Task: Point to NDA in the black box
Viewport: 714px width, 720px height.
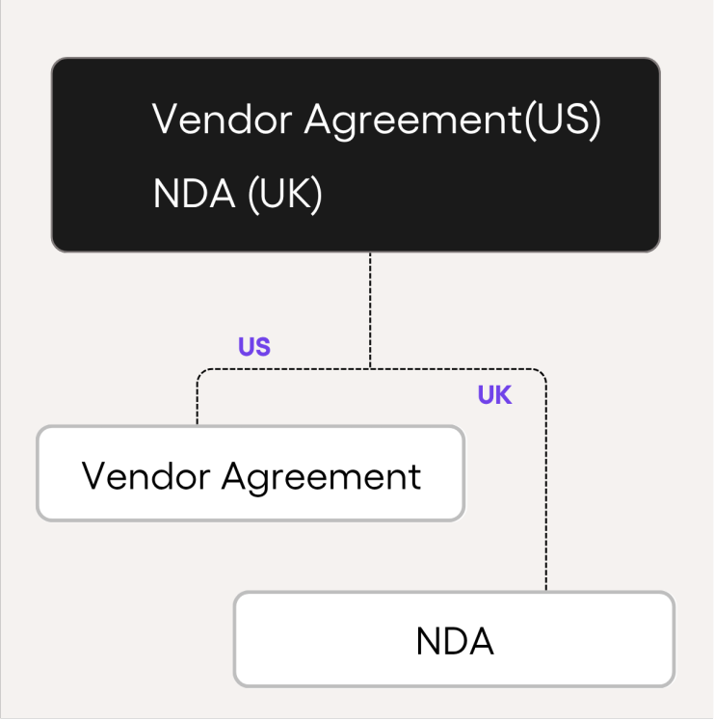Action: (194, 195)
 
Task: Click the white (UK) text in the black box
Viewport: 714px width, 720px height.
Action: (284, 196)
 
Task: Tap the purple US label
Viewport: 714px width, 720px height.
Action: (254, 347)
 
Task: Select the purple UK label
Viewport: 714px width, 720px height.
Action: (494, 395)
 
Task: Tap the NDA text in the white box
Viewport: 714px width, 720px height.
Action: (455, 642)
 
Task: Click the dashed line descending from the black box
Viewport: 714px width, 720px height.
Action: (370, 308)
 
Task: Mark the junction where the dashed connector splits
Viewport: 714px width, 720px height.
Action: (370, 368)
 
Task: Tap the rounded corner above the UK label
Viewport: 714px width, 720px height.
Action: (541, 373)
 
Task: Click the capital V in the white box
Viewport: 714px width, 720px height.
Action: (93, 476)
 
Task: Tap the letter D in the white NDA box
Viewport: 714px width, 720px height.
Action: (455, 642)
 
